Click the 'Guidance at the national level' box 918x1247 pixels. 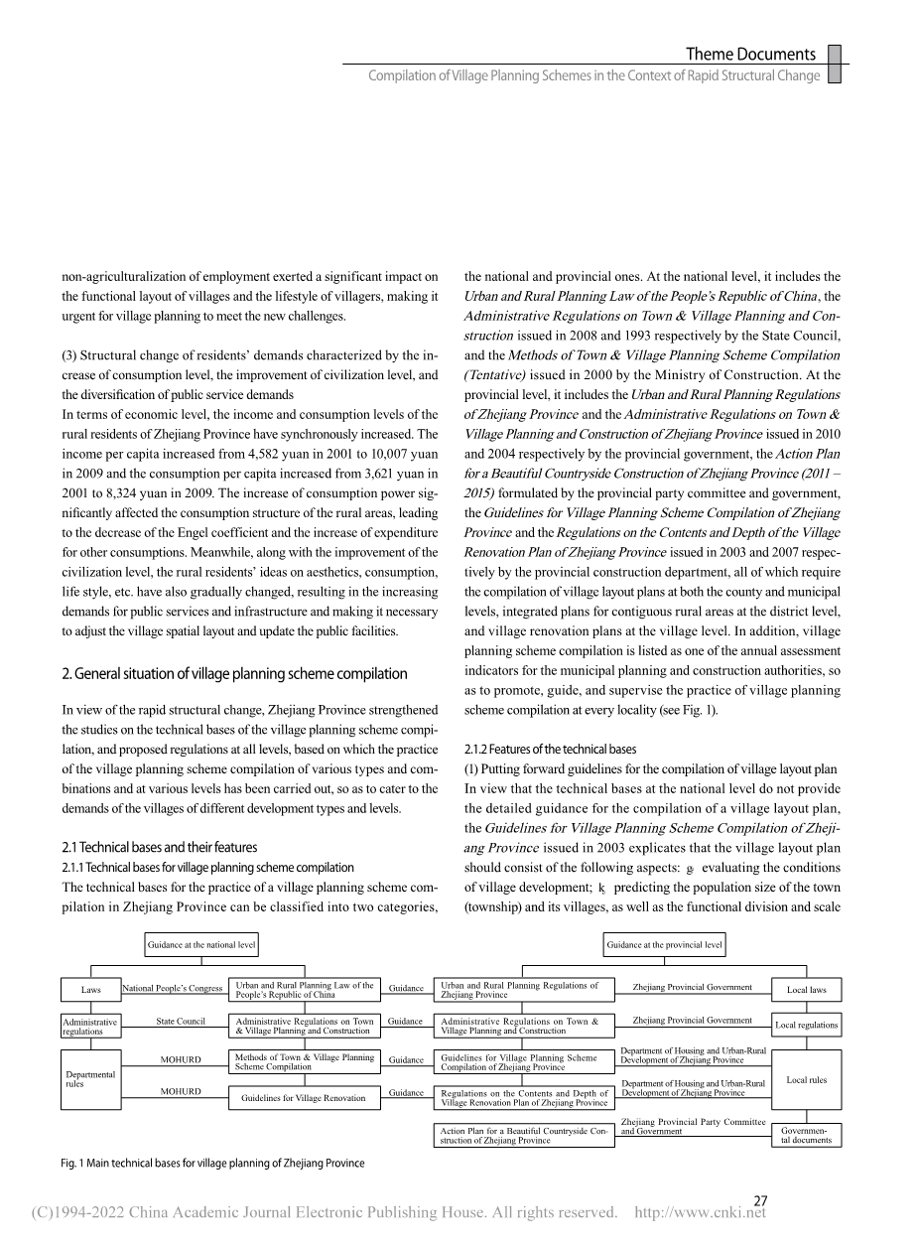point(201,945)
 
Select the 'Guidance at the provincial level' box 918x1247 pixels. point(665,945)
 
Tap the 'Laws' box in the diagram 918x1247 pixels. point(90,989)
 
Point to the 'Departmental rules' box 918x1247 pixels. point(90,1078)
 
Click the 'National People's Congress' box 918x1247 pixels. point(173,989)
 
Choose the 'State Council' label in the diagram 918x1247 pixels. point(181,1021)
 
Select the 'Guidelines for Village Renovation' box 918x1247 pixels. point(304,1097)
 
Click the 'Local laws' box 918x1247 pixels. point(806,990)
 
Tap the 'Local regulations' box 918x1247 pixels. point(806,1025)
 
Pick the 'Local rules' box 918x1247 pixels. point(806,1079)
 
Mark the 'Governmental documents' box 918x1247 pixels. point(806,1135)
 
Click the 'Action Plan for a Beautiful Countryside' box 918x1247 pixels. point(523,1135)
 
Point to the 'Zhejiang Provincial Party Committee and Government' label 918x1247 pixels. point(693,1126)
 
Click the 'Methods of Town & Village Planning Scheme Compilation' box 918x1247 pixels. point(304,1062)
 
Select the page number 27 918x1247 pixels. point(760,1200)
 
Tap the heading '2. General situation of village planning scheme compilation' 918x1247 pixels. point(234,674)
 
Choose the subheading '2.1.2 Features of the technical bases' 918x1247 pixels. point(550,749)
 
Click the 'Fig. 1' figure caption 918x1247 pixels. point(212,1164)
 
